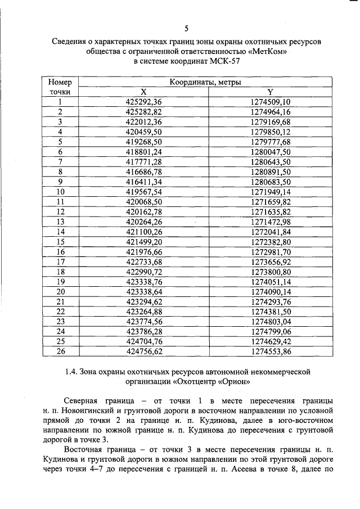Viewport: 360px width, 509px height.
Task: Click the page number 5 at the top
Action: pos(186,29)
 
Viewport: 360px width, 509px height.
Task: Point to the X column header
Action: pos(143,92)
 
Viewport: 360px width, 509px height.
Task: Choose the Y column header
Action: pos(271,92)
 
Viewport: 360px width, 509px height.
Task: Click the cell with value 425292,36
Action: pos(143,102)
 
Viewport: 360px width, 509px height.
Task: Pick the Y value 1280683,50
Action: pos(271,182)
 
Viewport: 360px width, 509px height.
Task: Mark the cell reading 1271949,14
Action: pos(271,192)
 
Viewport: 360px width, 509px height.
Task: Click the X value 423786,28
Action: pos(143,331)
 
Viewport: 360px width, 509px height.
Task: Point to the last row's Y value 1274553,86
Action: pos(271,352)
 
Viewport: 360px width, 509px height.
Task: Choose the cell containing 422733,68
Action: pos(143,262)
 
